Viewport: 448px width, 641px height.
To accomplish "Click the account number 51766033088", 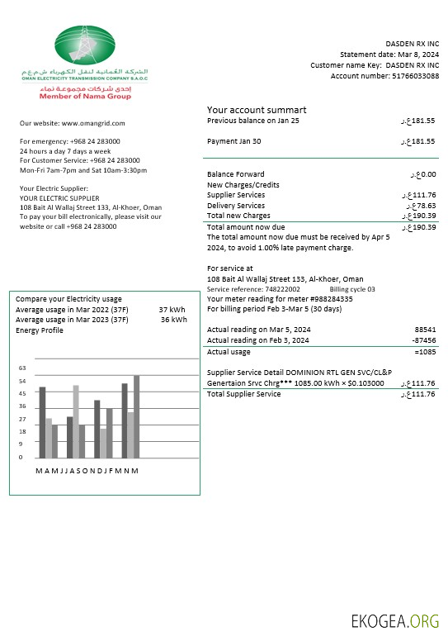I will pyautogui.click(x=404, y=76).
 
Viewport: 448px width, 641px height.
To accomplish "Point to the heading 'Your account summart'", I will pyautogui.click(x=257, y=110).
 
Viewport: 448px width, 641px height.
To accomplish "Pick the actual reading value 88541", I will pyautogui.click(x=425, y=329).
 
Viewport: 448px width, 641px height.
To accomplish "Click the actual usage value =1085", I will pyautogui.click(x=425, y=352).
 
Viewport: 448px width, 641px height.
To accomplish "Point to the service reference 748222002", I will pyautogui.click(x=282, y=289).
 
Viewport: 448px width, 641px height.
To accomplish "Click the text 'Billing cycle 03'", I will pyautogui.click(x=352, y=289).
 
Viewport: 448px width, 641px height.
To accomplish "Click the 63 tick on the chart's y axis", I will pyautogui.click(x=22, y=368).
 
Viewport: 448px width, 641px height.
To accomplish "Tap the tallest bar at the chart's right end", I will pyautogui.click(x=137, y=416).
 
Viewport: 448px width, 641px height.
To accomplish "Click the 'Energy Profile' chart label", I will pyautogui.click(x=39, y=330).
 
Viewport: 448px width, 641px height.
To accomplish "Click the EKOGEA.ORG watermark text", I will pyautogui.click(x=395, y=620).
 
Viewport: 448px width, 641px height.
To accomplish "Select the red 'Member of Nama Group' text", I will pyautogui.click(x=85, y=97).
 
